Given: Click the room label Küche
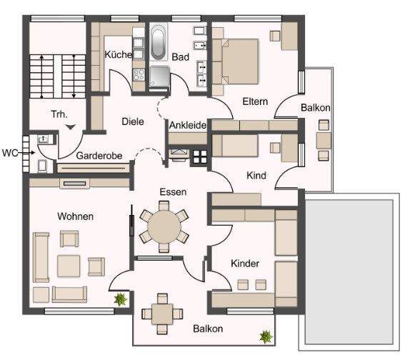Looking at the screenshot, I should pos(116,55).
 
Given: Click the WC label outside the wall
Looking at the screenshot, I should pos(10,152).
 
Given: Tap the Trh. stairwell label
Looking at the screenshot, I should pos(59,114).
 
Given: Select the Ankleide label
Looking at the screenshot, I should pos(188,126).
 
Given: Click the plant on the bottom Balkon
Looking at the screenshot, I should pos(266,335).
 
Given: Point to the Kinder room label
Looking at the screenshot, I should pos(244,264).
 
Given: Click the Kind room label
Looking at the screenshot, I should pos(256,175).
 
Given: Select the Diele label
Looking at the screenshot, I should pos(132,121).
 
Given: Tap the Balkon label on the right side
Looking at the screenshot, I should pos(315,108).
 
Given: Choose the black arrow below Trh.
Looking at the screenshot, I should pos(71,126).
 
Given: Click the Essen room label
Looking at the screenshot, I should pos(173,192).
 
